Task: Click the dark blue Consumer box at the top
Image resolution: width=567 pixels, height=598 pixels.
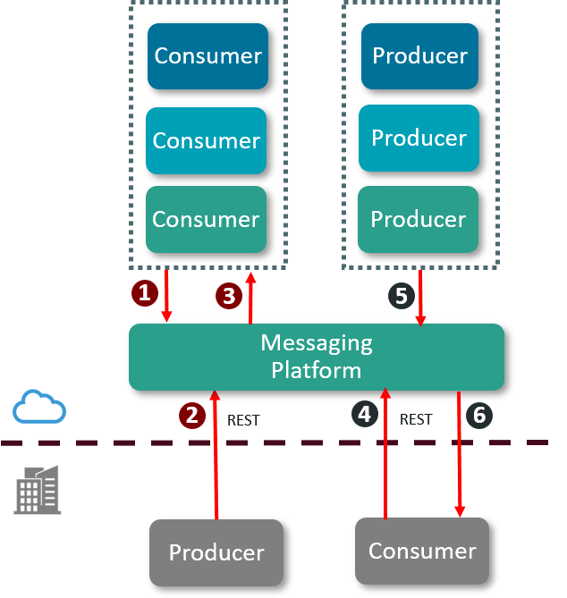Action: tap(207, 55)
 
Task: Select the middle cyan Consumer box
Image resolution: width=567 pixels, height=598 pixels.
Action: tap(207, 139)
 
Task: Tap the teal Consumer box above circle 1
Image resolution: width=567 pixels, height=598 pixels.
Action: tap(207, 218)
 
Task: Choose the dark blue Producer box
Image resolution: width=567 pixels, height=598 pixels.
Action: tap(419, 55)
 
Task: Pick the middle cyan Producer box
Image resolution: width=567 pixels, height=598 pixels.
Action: tap(419, 139)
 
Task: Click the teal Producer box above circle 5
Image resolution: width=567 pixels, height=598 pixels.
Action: tap(419, 218)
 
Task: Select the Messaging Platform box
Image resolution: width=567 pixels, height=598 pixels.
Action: tap(317, 357)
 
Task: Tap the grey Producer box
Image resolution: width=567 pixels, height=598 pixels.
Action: tap(216, 552)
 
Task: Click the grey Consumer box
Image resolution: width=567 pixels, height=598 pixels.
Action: tap(421, 549)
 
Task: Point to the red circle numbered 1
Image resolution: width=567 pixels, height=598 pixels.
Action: tap(143, 292)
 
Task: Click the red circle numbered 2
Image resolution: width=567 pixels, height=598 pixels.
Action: tap(191, 415)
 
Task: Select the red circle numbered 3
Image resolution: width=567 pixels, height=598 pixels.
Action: tap(228, 296)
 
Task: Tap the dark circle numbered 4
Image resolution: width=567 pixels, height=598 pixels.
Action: tap(363, 415)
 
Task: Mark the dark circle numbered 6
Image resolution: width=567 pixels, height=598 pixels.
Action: tap(480, 415)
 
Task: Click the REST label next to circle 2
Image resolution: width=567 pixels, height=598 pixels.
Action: tap(243, 419)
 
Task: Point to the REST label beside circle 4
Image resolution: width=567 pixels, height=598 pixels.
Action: tap(416, 418)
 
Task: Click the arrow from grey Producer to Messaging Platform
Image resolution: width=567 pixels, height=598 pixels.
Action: tap(216, 456)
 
